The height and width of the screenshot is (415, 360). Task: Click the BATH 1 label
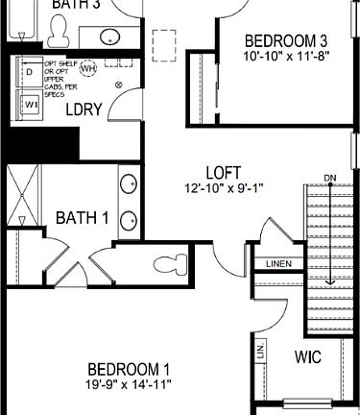pos(81,217)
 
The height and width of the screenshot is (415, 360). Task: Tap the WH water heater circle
pos(88,69)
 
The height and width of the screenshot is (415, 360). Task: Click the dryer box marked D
pos(29,72)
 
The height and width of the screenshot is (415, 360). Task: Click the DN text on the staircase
pos(330,178)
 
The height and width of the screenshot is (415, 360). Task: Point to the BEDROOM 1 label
pos(129,369)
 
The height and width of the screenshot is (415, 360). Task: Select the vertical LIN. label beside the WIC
pos(261,353)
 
